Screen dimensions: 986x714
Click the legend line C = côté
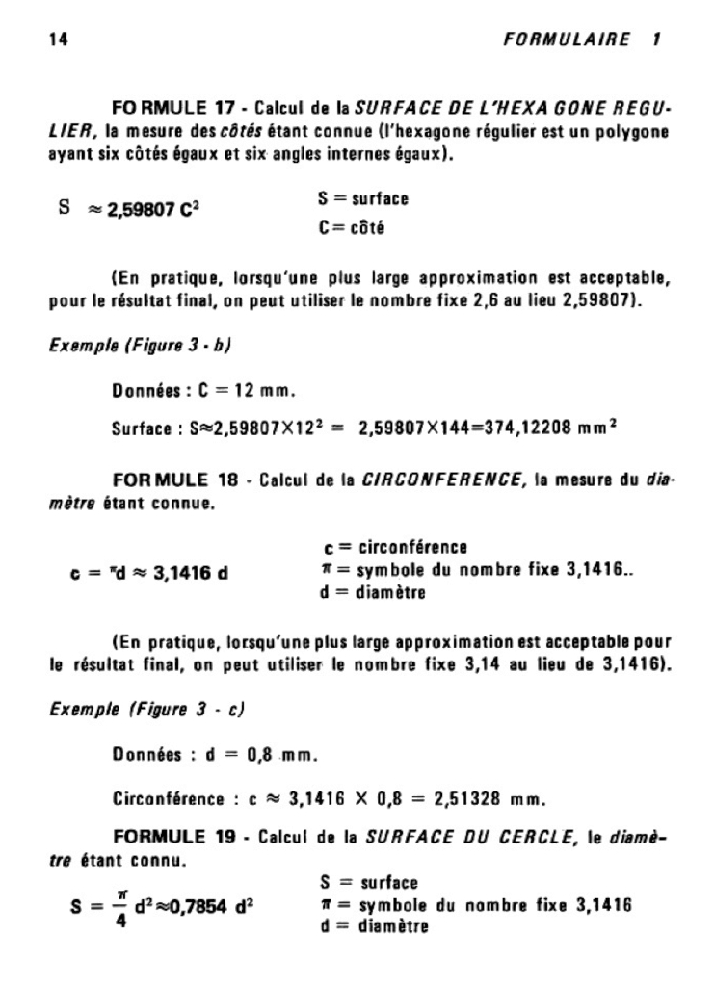(x=351, y=227)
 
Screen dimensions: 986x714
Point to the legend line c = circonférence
(x=397, y=548)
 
